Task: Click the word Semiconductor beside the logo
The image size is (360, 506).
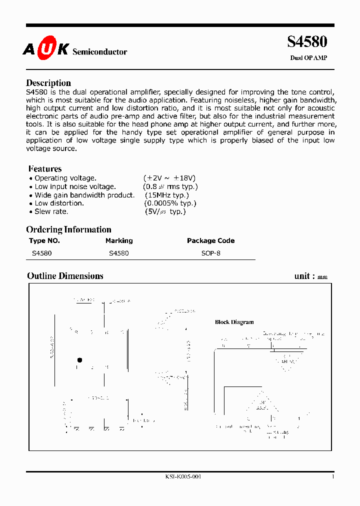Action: point(100,52)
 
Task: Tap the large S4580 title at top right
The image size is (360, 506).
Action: point(307,42)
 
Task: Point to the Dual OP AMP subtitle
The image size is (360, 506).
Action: point(308,58)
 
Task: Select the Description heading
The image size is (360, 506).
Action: point(48,83)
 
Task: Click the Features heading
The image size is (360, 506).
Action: point(45,169)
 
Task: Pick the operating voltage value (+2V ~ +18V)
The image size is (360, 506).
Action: point(169,178)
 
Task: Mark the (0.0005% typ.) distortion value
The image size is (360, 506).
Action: point(170,203)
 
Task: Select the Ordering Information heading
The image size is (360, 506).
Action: point(68,229)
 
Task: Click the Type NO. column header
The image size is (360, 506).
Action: point(44,240)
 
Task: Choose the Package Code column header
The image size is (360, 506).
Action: point(210,240)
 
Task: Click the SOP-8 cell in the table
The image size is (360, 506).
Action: point(210,253)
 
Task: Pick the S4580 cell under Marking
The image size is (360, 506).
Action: point(118,253)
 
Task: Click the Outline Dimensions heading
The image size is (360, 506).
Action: point(65,276)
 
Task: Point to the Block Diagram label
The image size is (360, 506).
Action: point(234,322)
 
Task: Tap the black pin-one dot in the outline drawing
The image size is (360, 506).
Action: point(79,360)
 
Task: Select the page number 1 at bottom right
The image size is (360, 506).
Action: point(333,476)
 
